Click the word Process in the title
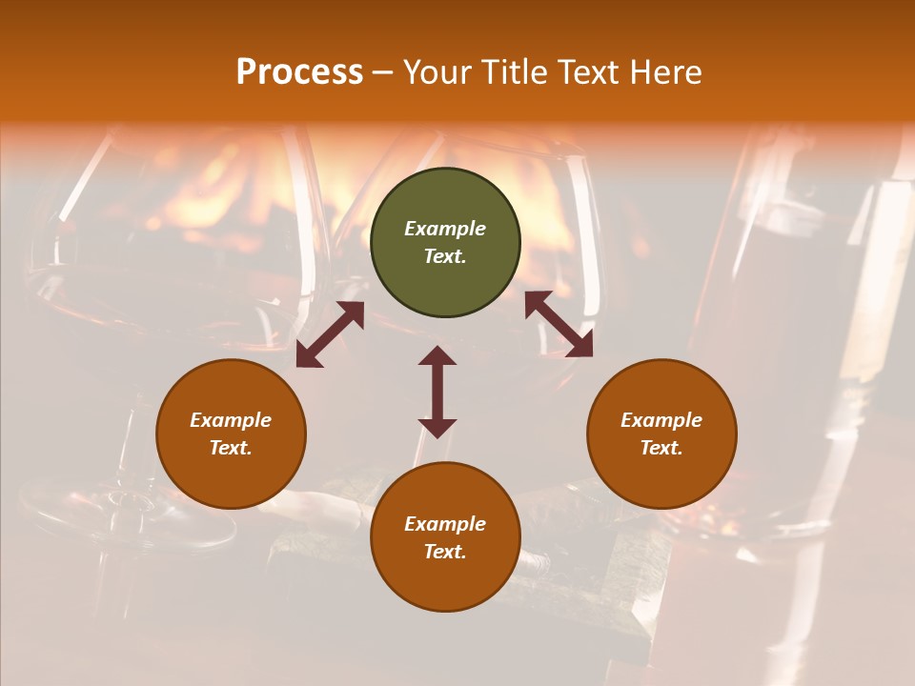pos(299,72)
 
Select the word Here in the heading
pos(664,72)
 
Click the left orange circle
pos(231,434)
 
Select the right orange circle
pos(661,434)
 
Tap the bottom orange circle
pos(445,537)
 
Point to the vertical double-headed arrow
pos(437,392)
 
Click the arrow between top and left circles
pos(330,334)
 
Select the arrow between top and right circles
pos(559,324)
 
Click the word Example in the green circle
pos(445,229)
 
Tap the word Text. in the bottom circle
pos(445,552)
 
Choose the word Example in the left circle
pos(231,420)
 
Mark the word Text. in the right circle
pos(661,448)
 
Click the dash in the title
pos(383,72)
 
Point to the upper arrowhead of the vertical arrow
pos(437,356)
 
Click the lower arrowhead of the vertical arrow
pos(437,428)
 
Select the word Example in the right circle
pos(661,420)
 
